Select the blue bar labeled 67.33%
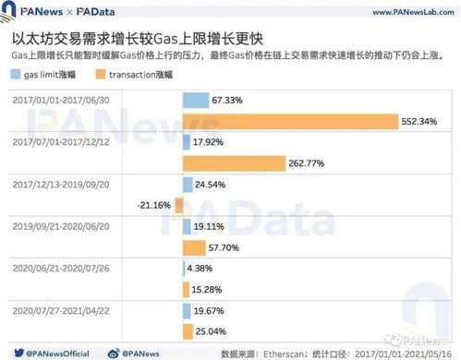click(196, 100)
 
